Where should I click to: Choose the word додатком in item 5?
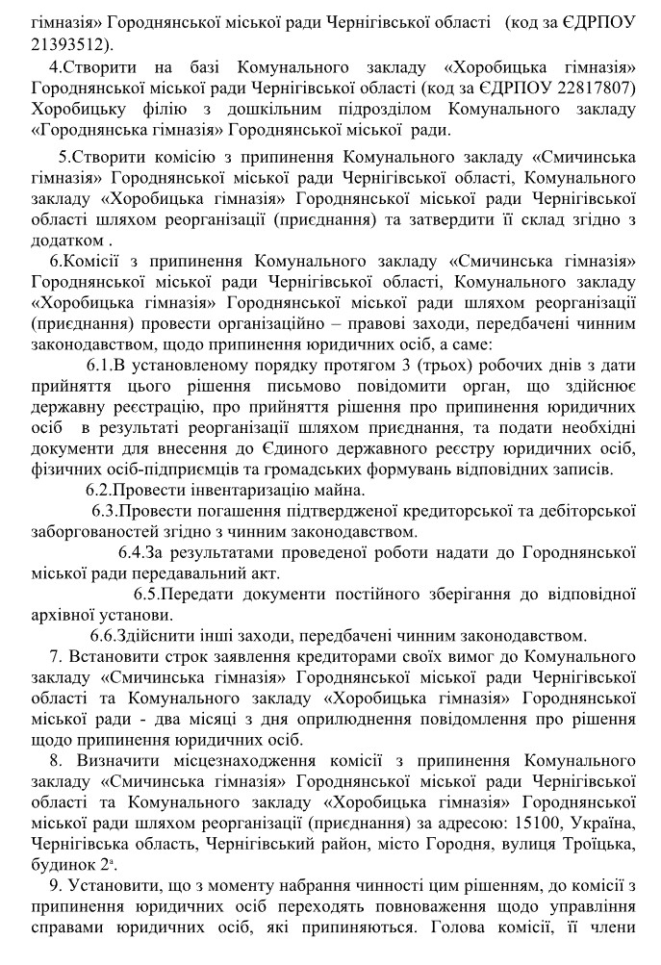pyautogui.click(x=66, y=240)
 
